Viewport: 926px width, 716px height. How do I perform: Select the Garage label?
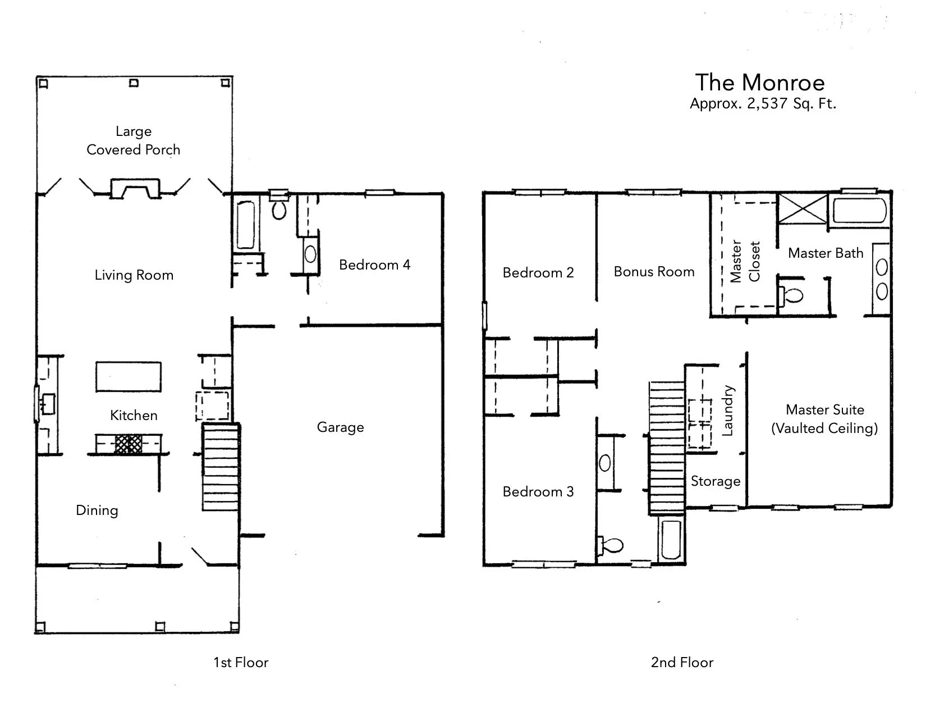(340, 427)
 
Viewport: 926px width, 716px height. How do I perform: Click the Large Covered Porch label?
(134, 140)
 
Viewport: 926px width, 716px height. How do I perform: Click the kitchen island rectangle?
(129, 376)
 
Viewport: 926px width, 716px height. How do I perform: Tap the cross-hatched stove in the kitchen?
(129, 444)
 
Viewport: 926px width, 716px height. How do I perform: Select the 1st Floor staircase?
(221, 467)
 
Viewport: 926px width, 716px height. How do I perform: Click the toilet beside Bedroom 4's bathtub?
(279, 209)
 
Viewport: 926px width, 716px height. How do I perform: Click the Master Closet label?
(745, 261)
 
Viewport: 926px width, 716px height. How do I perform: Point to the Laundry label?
(727, 411)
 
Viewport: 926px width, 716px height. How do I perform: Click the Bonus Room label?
(654, 272)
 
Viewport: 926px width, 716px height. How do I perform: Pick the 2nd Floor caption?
(682, 663)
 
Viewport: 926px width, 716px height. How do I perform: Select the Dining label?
(97, 510)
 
